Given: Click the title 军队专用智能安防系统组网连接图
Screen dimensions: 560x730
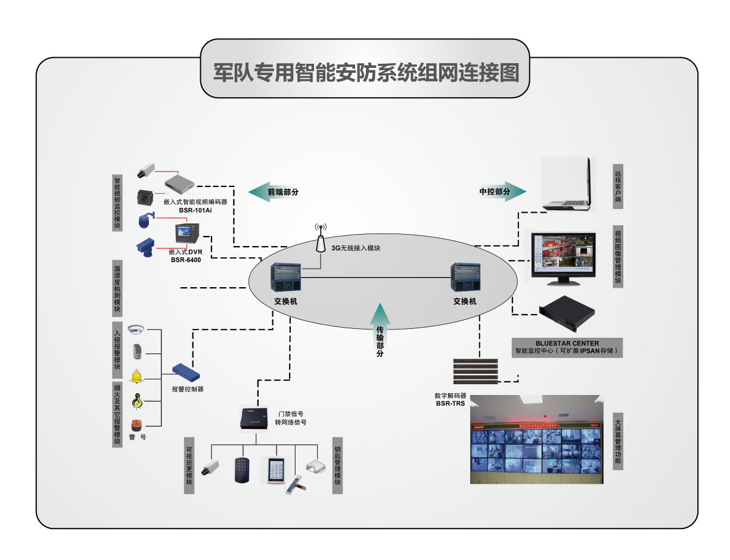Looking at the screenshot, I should [365, 73].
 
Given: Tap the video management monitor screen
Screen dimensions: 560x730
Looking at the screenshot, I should [563, 254].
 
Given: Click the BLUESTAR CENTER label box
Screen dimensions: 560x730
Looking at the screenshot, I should [567, 347].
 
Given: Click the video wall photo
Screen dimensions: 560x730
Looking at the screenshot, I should [536, 440].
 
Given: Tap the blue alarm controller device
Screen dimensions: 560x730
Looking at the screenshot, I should [186, 372].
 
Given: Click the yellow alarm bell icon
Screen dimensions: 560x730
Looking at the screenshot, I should [138, 376].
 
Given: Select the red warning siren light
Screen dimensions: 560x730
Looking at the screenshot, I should [136, 425].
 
